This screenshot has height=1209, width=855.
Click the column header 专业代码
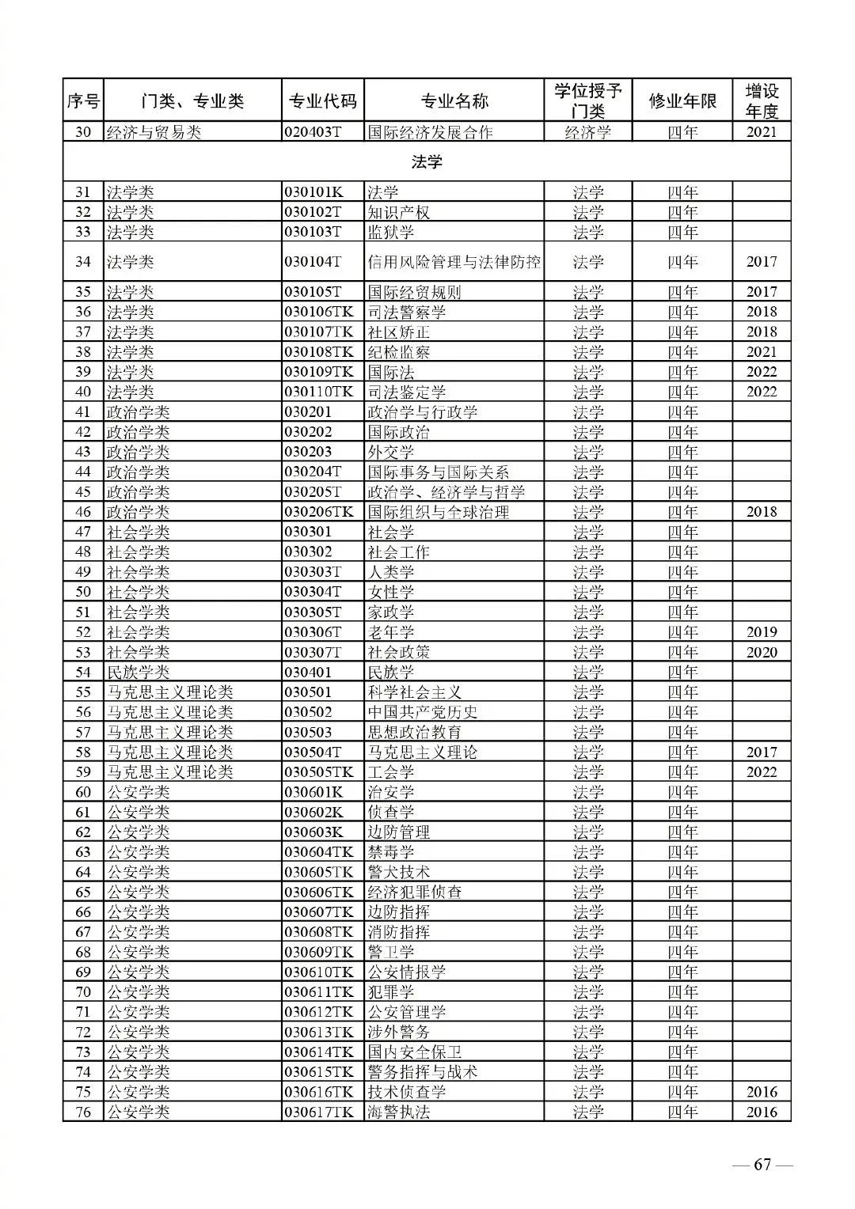click(322, 101)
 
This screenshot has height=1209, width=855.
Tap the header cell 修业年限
click(682, 101)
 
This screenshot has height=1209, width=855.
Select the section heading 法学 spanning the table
click(427, 162)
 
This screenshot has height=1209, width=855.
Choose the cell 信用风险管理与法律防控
click(454, 262)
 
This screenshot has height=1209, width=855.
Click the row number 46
click(83, 512)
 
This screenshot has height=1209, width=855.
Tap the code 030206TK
click(319, 512)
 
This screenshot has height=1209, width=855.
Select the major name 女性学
click(390, 592)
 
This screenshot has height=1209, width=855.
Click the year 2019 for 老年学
click(761, 632)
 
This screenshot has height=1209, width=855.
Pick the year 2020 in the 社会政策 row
click(761, 652)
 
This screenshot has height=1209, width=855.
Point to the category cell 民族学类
click(138, 672)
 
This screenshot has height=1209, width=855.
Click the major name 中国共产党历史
click(422, 712)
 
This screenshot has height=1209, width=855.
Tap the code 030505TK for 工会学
click(319, 772)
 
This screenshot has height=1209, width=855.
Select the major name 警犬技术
click(398, 872)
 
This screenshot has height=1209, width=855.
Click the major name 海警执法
click(398, 1112)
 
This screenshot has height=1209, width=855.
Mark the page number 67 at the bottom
click(762, 1164)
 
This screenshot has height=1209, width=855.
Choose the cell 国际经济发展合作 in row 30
click(430, 132)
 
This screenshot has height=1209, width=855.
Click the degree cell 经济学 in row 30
click(587, 132)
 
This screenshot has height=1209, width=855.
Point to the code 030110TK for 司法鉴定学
click(319, 392)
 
